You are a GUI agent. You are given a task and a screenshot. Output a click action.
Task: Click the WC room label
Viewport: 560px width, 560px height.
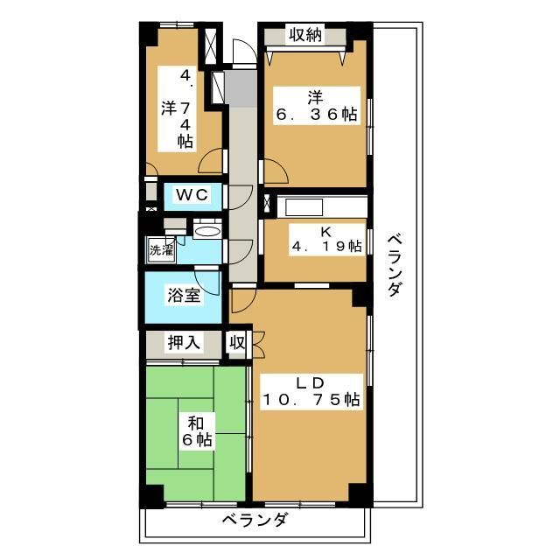point(192,195)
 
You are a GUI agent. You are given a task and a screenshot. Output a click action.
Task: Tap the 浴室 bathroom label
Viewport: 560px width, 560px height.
point(184,296)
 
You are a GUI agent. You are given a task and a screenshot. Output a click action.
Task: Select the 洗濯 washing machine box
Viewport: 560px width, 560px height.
point(161,250)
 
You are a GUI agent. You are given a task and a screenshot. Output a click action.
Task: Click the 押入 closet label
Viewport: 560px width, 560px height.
point(184,343)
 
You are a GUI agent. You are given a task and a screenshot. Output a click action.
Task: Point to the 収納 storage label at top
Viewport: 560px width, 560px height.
point(305,35)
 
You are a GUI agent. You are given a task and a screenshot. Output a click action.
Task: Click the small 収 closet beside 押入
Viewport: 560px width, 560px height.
point(237,343)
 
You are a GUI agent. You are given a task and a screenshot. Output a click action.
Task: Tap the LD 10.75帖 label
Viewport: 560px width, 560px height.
point(311,391)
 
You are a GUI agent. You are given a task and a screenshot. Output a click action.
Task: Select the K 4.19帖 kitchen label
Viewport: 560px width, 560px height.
point(326,239)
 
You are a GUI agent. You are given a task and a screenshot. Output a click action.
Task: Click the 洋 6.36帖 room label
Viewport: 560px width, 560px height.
point(317,106)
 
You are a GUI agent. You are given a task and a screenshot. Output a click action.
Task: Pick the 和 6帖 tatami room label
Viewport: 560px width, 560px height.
point(197,431)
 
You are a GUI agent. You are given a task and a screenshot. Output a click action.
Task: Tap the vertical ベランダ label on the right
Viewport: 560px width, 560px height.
point(395,265)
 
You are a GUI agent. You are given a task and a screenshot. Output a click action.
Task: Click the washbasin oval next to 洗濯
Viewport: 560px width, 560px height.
point(206,231)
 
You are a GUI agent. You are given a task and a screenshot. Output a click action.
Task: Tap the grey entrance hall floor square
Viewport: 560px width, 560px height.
point(241,87)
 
